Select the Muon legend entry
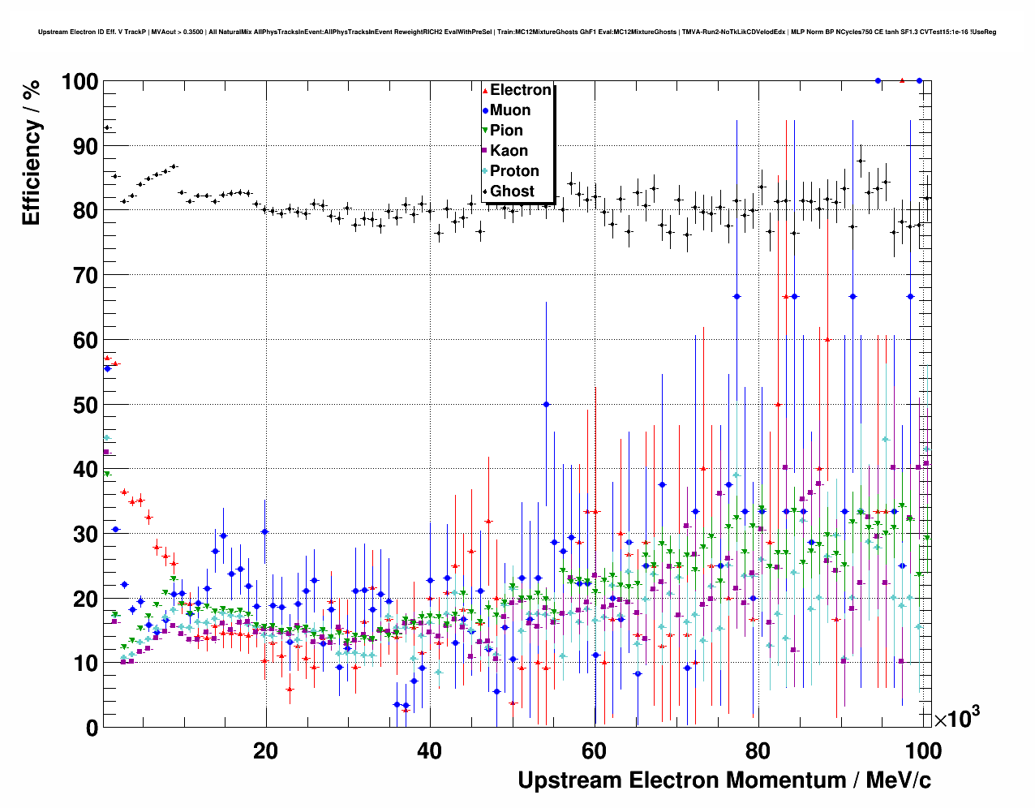click(509, 110)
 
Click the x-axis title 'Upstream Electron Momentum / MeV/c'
click(724, 780)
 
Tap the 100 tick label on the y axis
click(79, 82)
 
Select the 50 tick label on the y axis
click(85, 405)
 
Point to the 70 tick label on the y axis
click(85, 276)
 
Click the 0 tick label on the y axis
click(92, 728)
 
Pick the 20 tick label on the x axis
click(265, 751)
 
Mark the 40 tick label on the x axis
click(430, 751)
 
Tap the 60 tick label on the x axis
click(594, 751)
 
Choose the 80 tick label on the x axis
click(758, 751)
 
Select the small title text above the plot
click(517, 32)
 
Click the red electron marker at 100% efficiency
click(902, 80)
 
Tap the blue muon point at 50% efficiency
click(546, 404)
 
